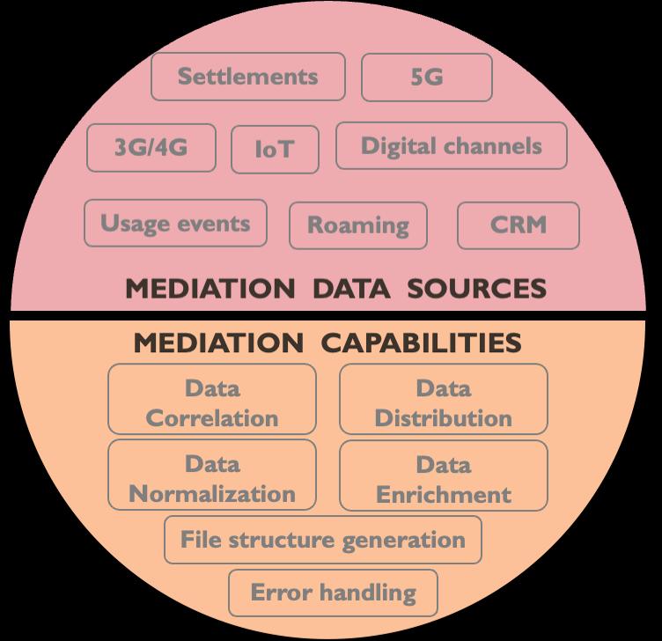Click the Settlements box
tap(247, 77)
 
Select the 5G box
tap(427, 77)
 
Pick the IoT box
tap(275, 150)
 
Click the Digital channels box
tap(452, 145)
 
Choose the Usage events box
tap(174, 223)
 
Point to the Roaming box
tap(357, 225)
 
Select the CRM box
tap(519, 225)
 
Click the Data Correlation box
tap(212, 402)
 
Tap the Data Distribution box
tap(443, 402)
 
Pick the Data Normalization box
tap(212, 478)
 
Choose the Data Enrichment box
tap(443, 478)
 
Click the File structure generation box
tap(322, 539)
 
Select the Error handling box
tap(334, 593)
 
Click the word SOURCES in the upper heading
tap(477, 288)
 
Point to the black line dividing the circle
tap(331, 313)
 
